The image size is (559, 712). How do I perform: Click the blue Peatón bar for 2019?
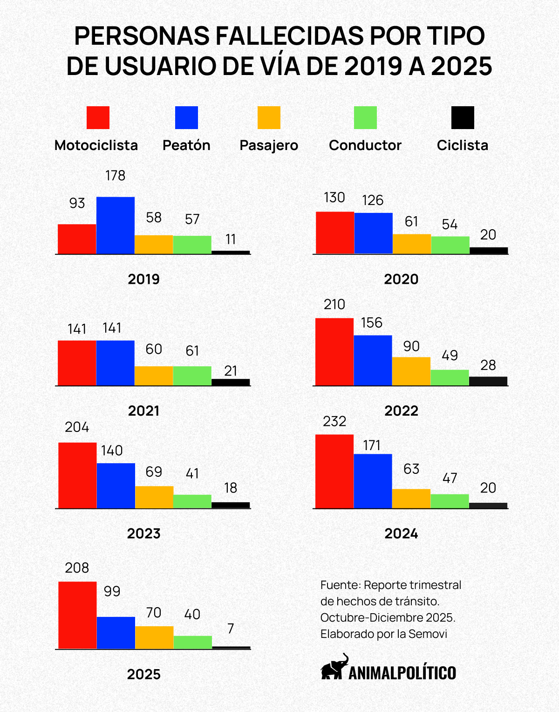(116, 226)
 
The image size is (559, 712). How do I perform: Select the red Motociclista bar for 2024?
(334, 471)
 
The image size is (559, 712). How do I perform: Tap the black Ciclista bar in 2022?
(488, 381)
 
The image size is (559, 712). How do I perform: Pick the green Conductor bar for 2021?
(192, 376)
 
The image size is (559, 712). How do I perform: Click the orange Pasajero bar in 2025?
(154, 637)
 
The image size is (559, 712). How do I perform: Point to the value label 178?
(116, 176)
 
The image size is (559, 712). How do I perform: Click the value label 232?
(334, 422)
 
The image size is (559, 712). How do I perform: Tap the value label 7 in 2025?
(231, 629)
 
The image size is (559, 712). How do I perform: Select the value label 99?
(112, 591)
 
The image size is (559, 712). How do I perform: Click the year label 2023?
(143, 534)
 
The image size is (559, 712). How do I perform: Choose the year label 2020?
(401, 280)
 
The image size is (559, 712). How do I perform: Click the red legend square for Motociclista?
(98, 117)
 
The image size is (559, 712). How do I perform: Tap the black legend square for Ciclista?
(463, 117)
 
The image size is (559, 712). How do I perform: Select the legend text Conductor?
(365, 145)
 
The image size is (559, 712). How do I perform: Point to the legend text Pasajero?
(269, 145)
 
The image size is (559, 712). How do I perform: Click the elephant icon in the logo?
(334, 667)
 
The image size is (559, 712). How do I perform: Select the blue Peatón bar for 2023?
(116, 486)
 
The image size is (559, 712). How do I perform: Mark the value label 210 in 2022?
(334, 305)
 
